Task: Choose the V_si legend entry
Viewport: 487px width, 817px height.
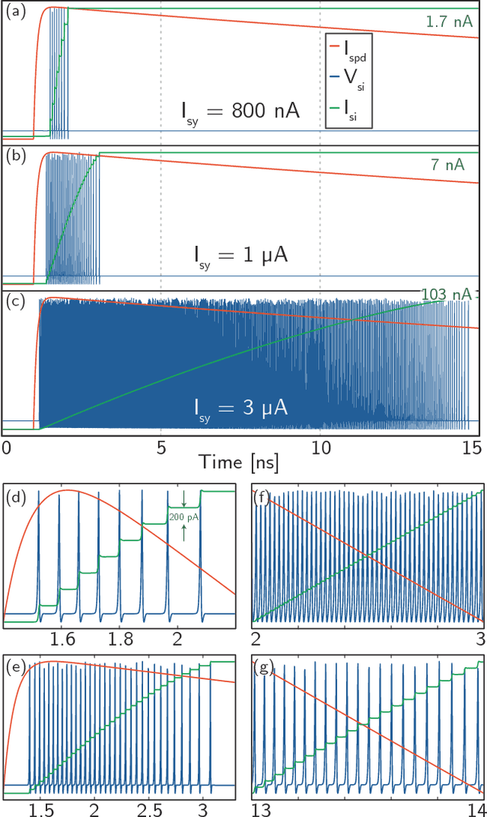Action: [x=352, y=86]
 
